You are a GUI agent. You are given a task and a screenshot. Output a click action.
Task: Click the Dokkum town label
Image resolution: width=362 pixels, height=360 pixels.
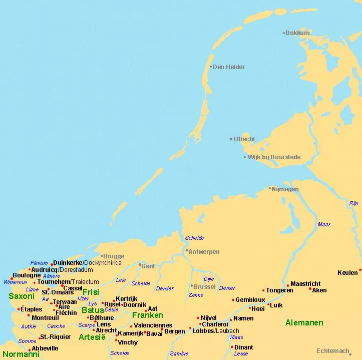tap(298, 33)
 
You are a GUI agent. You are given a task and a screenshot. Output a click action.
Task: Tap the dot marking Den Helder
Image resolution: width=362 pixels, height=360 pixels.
tap(211, 67)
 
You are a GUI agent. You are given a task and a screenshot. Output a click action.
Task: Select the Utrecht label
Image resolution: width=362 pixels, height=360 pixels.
tap(244, 139)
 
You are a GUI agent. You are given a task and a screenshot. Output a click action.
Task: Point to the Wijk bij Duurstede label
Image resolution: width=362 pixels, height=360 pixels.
tap(274, 157)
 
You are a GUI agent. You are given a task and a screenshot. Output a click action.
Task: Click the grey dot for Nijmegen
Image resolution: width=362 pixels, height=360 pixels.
tap(269, 189)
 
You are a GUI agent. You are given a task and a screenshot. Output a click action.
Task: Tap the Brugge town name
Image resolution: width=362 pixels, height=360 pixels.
tap(113, 256)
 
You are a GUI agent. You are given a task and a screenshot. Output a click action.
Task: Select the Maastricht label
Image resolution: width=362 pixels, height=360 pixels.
tap(305, 284)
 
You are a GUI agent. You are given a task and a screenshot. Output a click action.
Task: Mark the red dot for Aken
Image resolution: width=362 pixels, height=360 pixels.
tap(310, 288)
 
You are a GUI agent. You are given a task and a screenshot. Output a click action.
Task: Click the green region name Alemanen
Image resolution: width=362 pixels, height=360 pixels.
tap(304, 323)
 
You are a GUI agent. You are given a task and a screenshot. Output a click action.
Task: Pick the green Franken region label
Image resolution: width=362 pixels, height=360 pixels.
tap(147, 315)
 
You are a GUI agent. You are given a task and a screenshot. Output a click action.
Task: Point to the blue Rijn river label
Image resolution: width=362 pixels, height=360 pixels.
tap(353, 204)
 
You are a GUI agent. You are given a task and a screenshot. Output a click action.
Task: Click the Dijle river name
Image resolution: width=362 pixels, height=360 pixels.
tap(209, 279)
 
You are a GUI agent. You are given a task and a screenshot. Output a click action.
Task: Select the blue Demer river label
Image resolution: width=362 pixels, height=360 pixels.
tap(227, 288)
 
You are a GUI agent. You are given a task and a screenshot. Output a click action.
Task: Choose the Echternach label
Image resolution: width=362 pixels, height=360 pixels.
tap(332, 351)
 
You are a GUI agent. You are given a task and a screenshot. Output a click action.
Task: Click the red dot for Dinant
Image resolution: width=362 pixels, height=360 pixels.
tap(232, 346)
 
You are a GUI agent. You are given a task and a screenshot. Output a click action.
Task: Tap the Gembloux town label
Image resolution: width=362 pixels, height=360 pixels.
tap(250, 300)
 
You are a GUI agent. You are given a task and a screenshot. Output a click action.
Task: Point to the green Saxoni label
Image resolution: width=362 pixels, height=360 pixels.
tap(22, 296)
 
